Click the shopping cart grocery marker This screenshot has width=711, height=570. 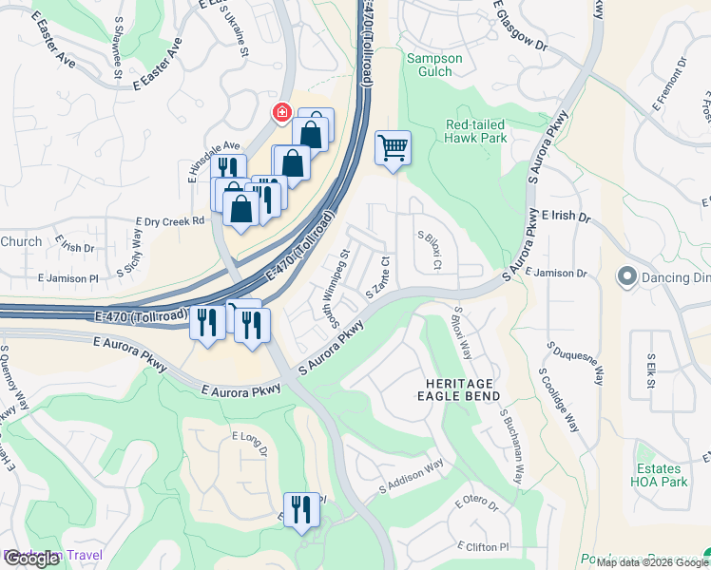pyautogui.click(x=393, y=148)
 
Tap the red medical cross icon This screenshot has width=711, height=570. pyautogui.click(x=281, y=114)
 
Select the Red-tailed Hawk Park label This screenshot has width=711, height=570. pyautogui.click(x=476, y=132)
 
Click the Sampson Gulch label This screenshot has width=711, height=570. pyautogui.click(x=434, y=65)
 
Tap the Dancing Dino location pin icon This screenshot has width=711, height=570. pyautogui.click(x=625, y=277)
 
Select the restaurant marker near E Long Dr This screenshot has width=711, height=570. pyautogui.click(x=301, y=508)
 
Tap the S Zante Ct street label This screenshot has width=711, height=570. pyautogui.click(x=378, y=276)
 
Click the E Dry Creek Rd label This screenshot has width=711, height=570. pyautogui.click(x=170, y=221)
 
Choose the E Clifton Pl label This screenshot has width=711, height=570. pyautogui.click(x=483, y=547)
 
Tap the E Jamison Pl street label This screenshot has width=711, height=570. pyautogui.click(x=67, y=278)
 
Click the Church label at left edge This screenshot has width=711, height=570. pyautogui.click(x=21, y=241)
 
